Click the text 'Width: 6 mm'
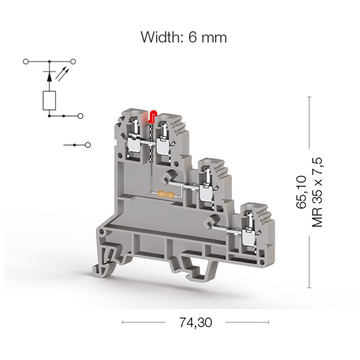184,37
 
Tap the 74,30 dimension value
195,322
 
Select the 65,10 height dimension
301,192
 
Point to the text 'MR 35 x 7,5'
317,192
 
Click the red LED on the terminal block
153,116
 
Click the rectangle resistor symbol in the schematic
49,101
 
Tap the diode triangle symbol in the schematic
49,77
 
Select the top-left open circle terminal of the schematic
26,62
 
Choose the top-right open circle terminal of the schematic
73,62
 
